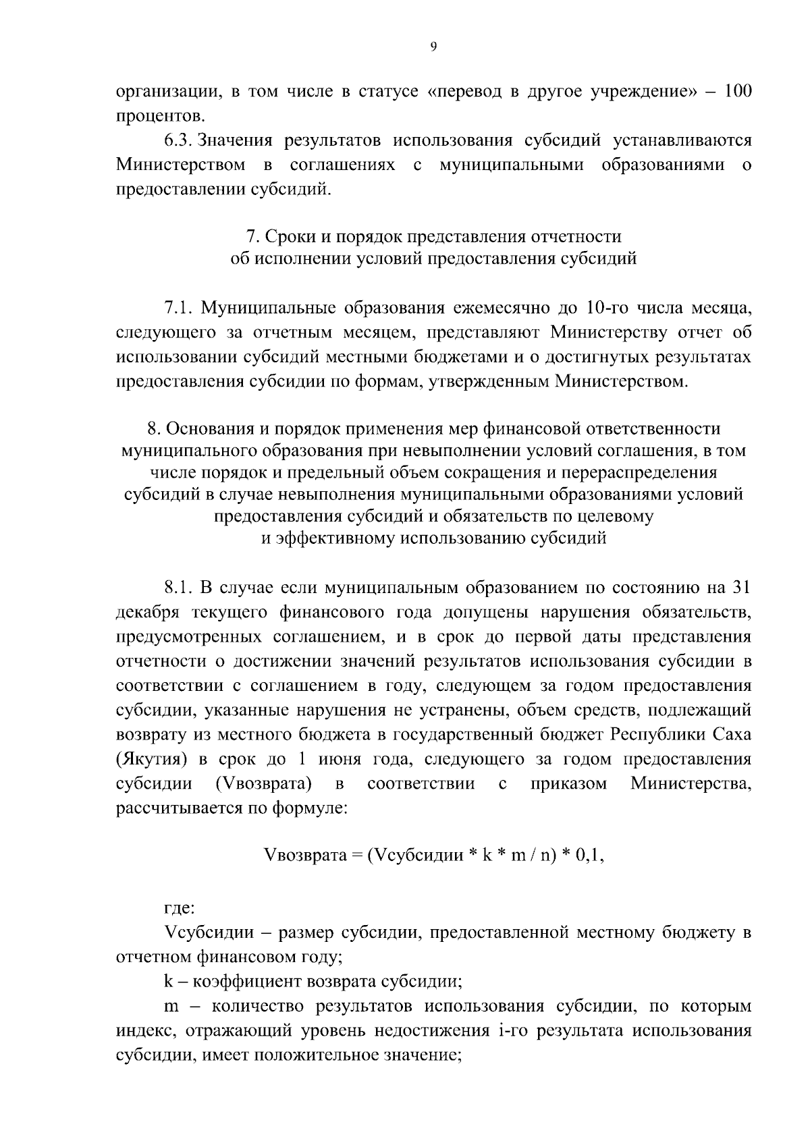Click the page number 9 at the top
[433, 47]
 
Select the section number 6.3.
[178, 140]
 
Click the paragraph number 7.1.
[178, 309]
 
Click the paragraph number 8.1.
[178, 588]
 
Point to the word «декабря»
[146, 613]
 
